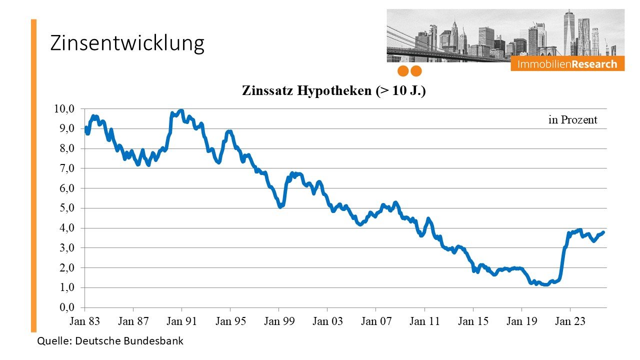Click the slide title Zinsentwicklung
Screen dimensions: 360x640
[x=127, y=43]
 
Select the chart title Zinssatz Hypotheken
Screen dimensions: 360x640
[x=333, y=91]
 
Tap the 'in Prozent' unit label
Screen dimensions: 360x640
[x=572, y=120]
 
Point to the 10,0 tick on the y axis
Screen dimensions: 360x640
[x=64, y=109]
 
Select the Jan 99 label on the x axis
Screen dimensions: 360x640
[x=279, y=321]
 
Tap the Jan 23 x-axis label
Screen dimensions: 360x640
[x=570, y=321]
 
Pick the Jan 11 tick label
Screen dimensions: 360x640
[x=424, y=321]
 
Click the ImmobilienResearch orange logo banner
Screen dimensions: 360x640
[x=567, y=64]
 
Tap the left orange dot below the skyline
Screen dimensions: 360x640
[x=403, y=71]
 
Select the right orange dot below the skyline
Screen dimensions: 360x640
[x=416, y=71]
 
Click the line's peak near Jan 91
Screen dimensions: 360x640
[x=181, y=110]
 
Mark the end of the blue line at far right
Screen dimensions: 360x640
[x=603, y=232]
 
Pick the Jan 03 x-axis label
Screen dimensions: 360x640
[x=327, y=321]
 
